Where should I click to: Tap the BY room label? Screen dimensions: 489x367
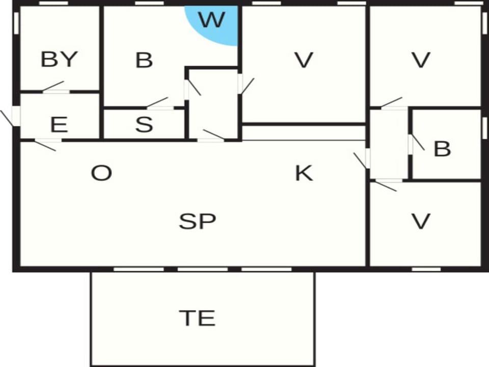tap(59, 59)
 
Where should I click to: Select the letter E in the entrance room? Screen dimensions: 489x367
tap(59, 124)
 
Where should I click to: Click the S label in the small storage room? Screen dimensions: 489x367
tap(144, 124)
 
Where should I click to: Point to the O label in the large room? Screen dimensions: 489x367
tap(101, 173)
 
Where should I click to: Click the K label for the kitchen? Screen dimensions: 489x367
tap(304, 173)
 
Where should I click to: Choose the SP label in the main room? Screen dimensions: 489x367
tap(197, 221)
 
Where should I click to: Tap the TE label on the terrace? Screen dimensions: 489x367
tap(197, 318)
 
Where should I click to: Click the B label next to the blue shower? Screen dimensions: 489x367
tap(144, 60)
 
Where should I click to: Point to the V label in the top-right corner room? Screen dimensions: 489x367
tap(421, 60)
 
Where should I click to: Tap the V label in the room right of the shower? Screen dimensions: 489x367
tap(304, 60)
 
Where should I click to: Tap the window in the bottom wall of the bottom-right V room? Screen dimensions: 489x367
tap(426, 269)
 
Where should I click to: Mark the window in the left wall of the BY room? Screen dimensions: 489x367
tap(16, 23)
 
